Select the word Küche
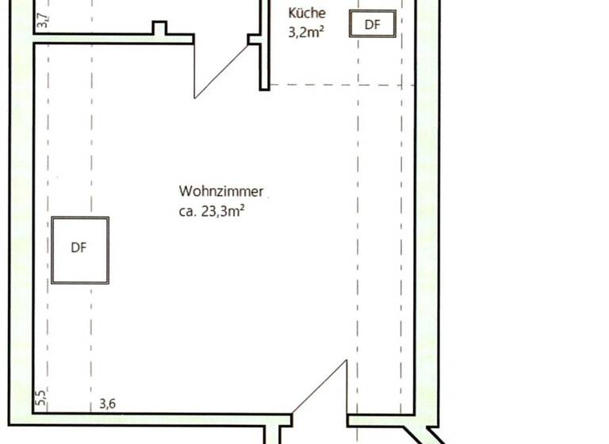point(307,13)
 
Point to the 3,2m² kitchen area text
point(308,33)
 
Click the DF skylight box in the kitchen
point(373,25)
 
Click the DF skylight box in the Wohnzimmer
point(80,250)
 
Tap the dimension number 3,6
point(108,404)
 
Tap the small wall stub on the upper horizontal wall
point(160,29)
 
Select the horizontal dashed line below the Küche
point(341,85)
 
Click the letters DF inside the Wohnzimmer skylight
point(79,248)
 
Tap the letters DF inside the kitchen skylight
point(373,25)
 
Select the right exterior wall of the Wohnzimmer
point(428,238)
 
